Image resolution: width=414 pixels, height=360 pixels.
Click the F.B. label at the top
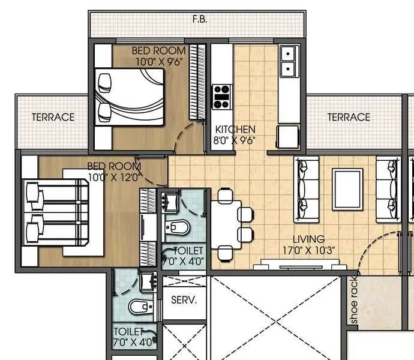(x=200, y=19)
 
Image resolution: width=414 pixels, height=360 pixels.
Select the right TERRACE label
(x=349, y=117)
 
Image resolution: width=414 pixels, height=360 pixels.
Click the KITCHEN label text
(x=236, y=129)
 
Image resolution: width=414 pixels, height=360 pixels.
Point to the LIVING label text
(x=309, y=239)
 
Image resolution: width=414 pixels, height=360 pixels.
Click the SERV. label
(x=184, y=300)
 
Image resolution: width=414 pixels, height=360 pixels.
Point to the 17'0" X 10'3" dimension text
(x=309, y=250)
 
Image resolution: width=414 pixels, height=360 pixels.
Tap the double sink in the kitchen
(x=289, y=62)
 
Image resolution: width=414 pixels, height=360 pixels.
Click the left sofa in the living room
(x=306, y=189)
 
